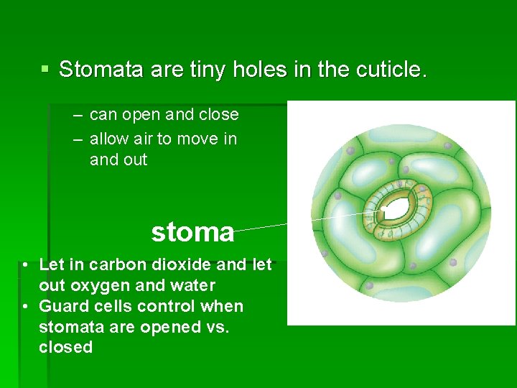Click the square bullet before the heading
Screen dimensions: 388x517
click(x=45, y=70)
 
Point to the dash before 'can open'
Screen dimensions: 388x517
click(x=76, y=115)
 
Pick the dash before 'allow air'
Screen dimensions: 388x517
click(x=76, y=139)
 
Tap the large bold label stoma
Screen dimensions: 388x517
click(x=192, y=231)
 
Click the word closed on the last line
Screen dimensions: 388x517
click(x=65, y=348)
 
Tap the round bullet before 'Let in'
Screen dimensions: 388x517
click(x=25, y=265)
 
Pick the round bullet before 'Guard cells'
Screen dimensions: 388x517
click(x=25, y=307)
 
